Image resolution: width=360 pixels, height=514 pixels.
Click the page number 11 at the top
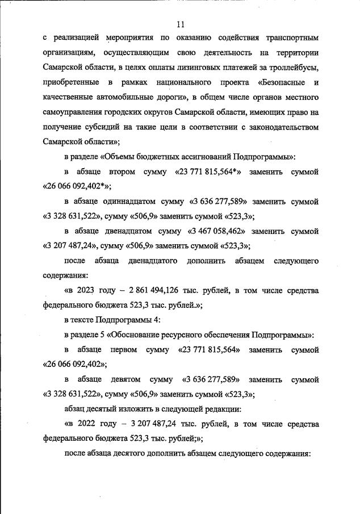[181, 24]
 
